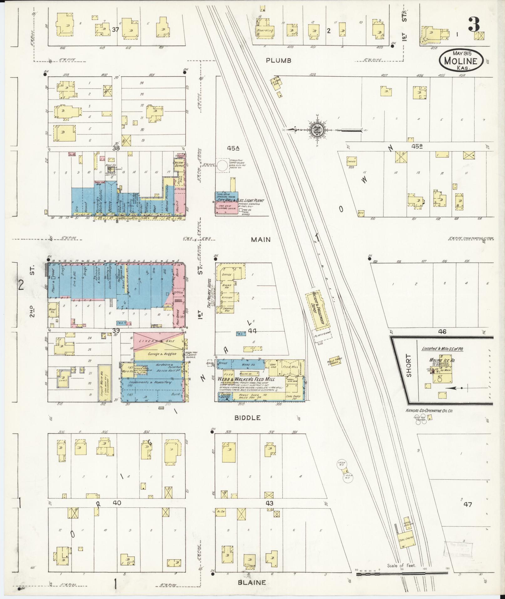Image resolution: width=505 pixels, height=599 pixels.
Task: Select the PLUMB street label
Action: click(279, 60)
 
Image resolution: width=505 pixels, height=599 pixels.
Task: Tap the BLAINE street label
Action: click(252, 583)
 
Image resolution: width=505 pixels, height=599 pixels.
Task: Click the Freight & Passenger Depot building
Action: click(319, 310)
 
